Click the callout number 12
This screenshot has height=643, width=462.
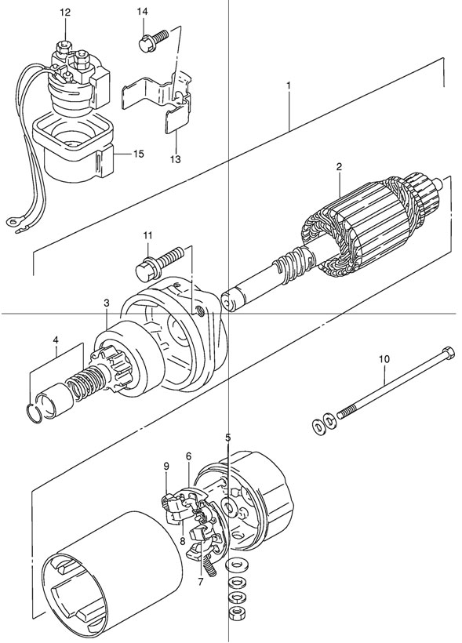coord(65,13)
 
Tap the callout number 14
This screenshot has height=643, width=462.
coord(142,12)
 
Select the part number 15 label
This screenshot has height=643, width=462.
coord(138,154)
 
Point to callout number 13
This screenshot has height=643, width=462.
coord(175,159)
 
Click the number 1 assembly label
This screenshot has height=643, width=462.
coord(289,85)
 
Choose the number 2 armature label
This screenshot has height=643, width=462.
coord(339,166)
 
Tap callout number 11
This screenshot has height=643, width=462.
coord(147,235)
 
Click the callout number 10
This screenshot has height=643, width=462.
coord(384,359)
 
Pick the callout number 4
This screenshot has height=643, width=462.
coord(56,340)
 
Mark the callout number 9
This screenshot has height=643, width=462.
coord(166,466)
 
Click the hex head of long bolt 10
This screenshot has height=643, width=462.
coord(448,353)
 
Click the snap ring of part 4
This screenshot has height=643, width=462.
coord(35,412)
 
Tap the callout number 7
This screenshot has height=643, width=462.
coord(200,582)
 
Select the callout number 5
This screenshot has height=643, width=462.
coord(228,437)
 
